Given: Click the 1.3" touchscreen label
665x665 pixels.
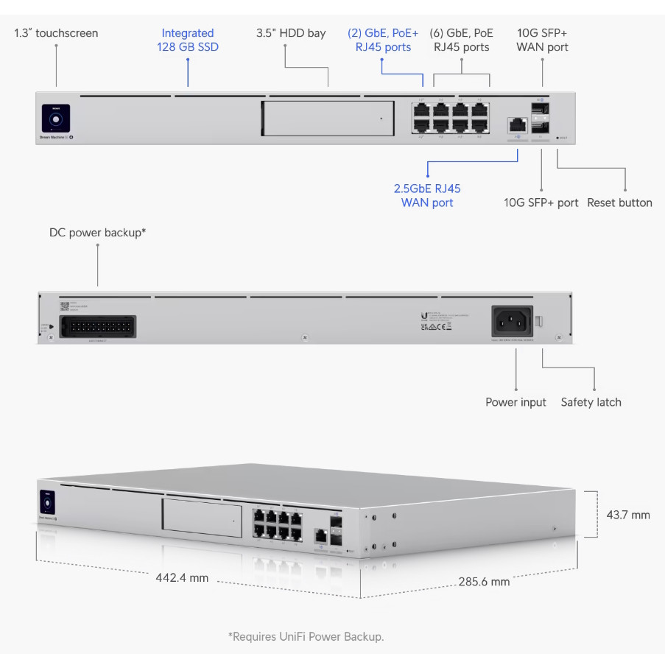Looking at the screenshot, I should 56,33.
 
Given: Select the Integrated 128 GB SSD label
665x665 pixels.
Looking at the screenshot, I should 188,40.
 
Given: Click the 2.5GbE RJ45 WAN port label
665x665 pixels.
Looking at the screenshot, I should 427,195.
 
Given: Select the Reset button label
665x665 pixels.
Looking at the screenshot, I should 619,203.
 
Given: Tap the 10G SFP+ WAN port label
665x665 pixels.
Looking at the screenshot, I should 542,40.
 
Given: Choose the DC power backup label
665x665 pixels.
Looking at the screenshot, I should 97,233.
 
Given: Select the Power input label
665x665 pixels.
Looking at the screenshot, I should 516,402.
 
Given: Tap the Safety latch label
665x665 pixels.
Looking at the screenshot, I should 591,402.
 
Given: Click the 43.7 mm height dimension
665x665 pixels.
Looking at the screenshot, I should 628,515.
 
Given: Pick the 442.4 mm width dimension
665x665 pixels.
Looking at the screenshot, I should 182,577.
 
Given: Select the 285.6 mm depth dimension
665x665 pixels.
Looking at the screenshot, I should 484,582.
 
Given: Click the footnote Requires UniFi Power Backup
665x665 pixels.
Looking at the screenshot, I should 306,636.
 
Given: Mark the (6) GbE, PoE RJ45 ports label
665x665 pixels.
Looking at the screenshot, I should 461,40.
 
